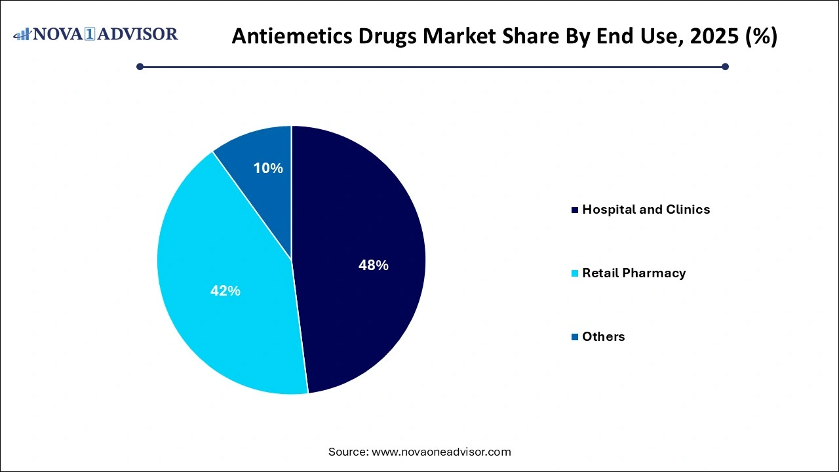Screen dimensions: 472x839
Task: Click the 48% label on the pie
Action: [x=373, y=265]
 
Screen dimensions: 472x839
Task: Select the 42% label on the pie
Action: [x=225, y=291]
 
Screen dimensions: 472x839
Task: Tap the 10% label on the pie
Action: [x=268, y=168]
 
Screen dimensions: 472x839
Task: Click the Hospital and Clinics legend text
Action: [x=646, y=210]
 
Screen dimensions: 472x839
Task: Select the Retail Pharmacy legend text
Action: [x=633, y=273]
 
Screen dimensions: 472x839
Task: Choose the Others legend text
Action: [x=603, y=336]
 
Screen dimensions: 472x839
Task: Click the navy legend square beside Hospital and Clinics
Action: [x=575, y=210]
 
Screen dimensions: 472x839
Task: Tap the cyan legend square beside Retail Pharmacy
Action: [x=575, y=273]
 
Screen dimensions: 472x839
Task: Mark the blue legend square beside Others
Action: [x=575, y=337]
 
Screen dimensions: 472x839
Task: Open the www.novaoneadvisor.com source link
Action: [x=441, y=452]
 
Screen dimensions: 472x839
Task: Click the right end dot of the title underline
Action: [x=725, y=66]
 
